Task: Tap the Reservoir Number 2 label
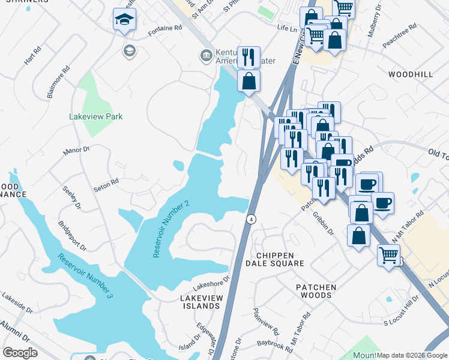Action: [x=171, y=229]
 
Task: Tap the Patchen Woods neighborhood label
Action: [x=316, y=292]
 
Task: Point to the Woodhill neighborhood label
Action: [x=411, y=74]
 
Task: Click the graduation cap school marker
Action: [x=124, y=19]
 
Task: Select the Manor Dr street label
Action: [x=77, y=150]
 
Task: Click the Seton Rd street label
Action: [x=106, y=184]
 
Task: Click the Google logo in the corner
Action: [x=20, y=352]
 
